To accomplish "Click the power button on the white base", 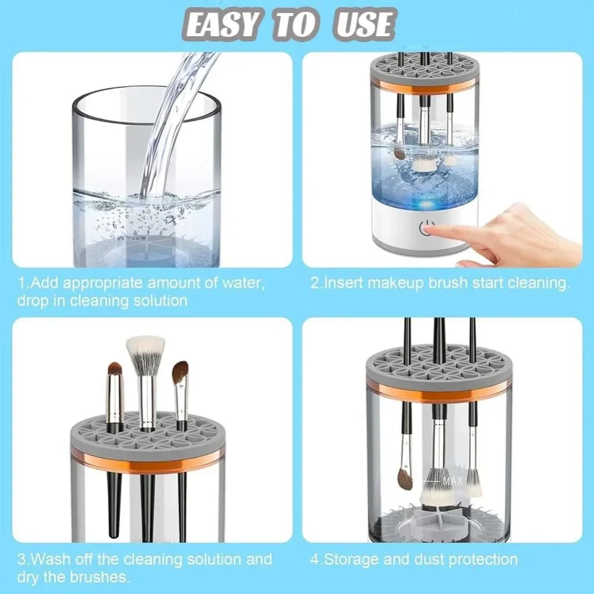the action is [426, 228].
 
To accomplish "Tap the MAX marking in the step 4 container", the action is [452, 481].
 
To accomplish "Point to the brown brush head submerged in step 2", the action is [398, 153].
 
